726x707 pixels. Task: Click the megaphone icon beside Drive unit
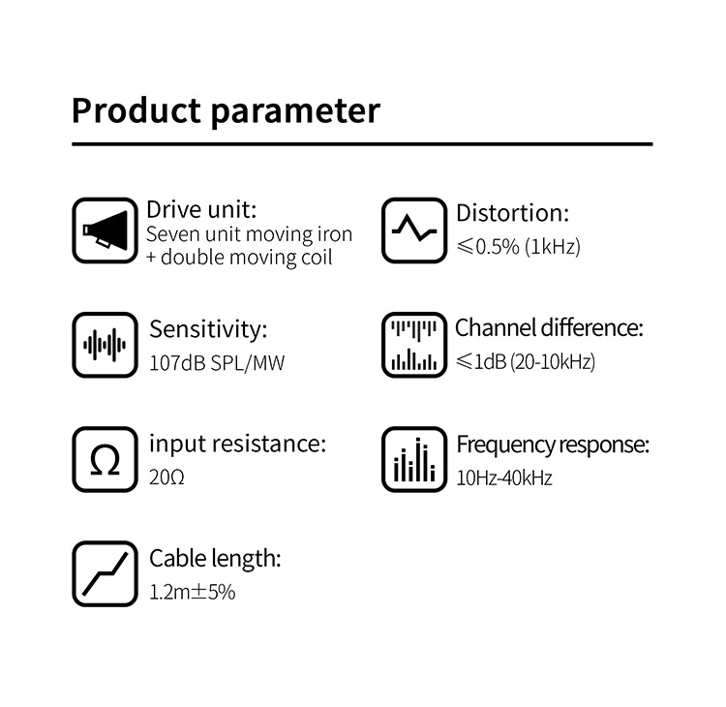coord(105,231)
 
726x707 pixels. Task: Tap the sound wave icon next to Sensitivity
coord(105,345)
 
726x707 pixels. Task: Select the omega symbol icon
coord(105,459)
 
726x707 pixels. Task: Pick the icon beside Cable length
coord(105,574)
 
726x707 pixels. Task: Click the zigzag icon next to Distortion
coord(413,231)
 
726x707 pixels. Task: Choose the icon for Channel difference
coord(413,345)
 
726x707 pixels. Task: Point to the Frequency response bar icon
coord(413,459)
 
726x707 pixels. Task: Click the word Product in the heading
coord(136,110)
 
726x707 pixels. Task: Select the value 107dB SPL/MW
coord(218,364)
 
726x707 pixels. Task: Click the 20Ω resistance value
coord(166,477)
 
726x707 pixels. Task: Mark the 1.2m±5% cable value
coord(193,592)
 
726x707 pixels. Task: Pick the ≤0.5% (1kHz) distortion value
coord(518,247)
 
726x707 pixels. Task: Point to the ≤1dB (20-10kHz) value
coord(526,362)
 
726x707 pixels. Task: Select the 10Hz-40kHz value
coord(503,477)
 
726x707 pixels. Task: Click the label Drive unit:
coord(201,210)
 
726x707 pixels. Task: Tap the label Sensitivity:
coord(207,329)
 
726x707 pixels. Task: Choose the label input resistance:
coord(237,444)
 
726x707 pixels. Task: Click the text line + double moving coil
coord(239,258)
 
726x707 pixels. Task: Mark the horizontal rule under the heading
coord(362,144)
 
